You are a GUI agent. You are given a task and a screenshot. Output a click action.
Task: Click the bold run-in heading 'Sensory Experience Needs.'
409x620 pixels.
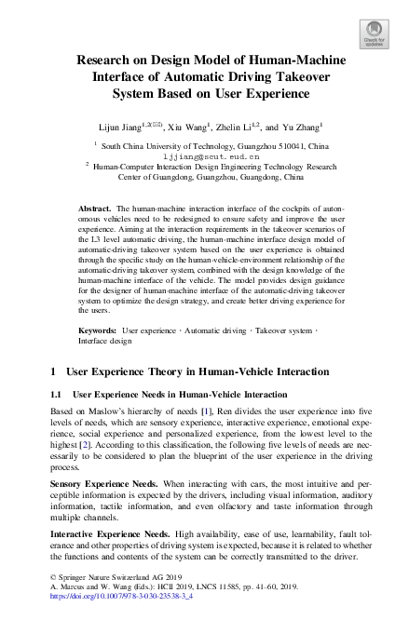[105, 484]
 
